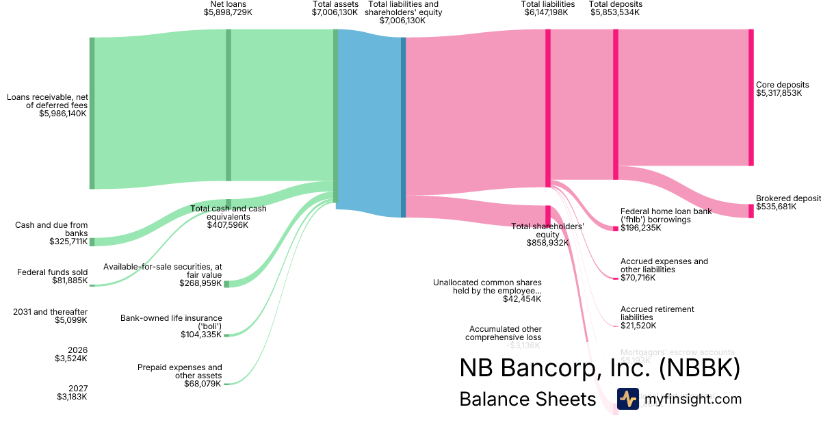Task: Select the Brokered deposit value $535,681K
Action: coord(776,206)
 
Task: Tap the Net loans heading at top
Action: coord(228,4)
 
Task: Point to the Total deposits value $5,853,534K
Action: coord(615,12)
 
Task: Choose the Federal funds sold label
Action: coord(52,272)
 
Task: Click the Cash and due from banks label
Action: coord(51,229)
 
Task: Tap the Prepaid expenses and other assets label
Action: coord(180,371)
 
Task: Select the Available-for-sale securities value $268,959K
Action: coord(200,283)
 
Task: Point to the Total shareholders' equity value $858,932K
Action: coord(547,243)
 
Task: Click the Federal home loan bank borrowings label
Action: coord(666,215)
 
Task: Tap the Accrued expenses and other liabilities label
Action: coord(664,265)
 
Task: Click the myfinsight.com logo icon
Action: coord(627,399)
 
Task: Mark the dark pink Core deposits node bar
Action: coord(751,97)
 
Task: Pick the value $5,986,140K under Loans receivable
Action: coord(64,114)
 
